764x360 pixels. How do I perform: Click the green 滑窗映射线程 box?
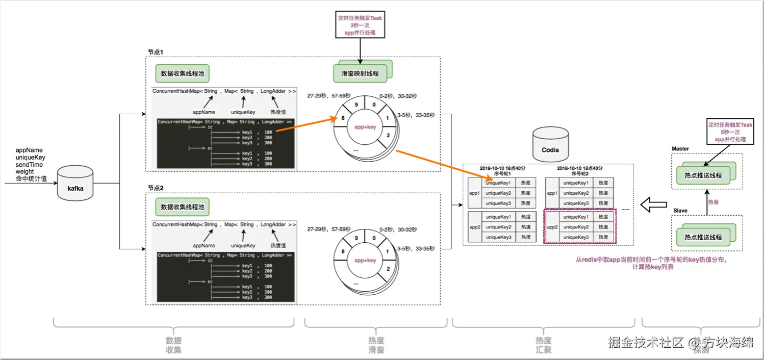(360, 73)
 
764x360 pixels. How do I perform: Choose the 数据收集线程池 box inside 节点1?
(183, 73)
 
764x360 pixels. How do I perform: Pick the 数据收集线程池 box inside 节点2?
(183, 207)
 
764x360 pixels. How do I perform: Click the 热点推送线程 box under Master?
(703, 175)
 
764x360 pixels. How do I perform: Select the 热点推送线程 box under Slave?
(703, 237)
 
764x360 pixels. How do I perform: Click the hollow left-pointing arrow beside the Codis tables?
(653, 205)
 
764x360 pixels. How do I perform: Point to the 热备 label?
(714, 202)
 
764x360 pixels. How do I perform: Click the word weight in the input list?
(25, 172)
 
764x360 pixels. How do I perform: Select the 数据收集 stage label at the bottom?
(174, 345)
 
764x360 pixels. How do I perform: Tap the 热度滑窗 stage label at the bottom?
(376, 345)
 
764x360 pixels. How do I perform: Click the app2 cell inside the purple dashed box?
(552, 227)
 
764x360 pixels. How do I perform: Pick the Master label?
(680, 149)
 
